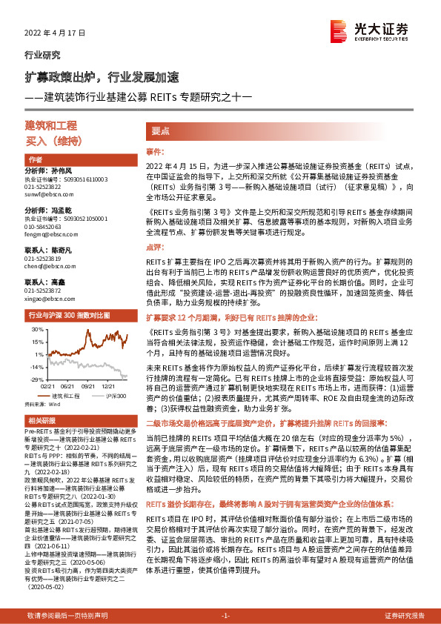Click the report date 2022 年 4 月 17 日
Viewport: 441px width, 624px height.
coord(56,33)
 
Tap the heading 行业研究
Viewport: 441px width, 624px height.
coord(43,54)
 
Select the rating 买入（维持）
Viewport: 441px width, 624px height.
coord(51,140)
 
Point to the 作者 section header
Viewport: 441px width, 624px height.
coord(36,160)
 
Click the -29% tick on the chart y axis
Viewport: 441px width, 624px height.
coord(36,379)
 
